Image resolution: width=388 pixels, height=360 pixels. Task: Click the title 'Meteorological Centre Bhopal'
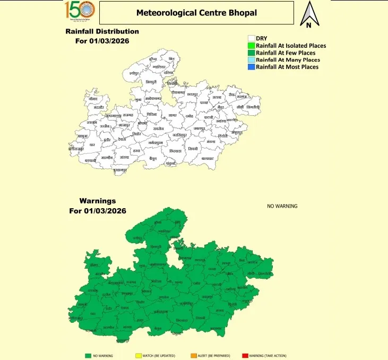[196, 12]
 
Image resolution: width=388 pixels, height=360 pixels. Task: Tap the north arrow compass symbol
[308, 14]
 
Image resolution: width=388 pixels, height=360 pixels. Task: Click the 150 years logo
[80, 10]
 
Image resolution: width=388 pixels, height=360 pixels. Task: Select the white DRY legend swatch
[252, 38]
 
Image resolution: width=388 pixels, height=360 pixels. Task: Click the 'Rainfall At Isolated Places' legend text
[291, 46]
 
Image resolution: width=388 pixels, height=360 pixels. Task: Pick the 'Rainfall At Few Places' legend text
[286, 53]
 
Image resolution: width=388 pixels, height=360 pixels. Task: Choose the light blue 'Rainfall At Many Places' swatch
[252, 60]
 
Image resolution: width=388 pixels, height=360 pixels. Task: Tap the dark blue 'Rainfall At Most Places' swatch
[252, 67]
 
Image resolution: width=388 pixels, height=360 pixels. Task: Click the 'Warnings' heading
[98, 201]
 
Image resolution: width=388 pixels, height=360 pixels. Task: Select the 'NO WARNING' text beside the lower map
[282, 206]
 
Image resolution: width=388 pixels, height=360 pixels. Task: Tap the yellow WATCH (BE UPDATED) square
[138, 355]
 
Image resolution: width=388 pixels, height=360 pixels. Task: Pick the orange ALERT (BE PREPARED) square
[193, 355]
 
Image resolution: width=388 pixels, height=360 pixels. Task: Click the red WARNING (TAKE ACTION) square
[245, 355]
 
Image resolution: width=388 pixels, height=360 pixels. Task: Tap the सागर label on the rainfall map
[172, 115]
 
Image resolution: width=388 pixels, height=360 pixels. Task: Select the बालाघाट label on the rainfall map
[208, 158]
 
